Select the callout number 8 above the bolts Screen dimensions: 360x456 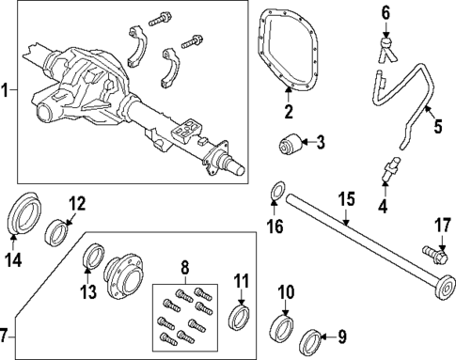pyautogui.click(x=184, y=267)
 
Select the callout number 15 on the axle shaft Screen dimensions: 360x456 pyautogui.click(x=346, y=200)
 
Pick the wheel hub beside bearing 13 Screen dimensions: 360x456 pyautogui.click(x=124, y=279)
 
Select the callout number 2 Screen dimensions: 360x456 pyautogui.click(x=289, y=114)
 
